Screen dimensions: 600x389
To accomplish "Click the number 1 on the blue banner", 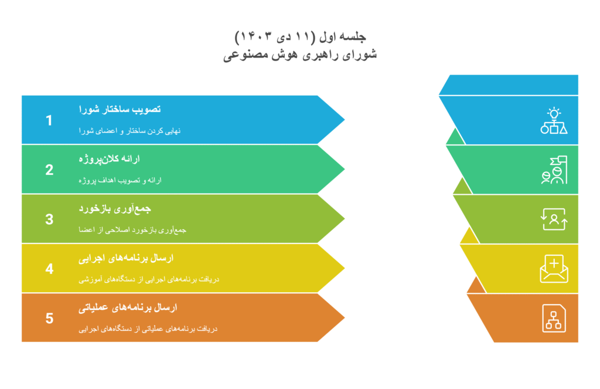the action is pos(49,120).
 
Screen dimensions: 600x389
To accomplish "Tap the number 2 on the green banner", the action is pos(49,170).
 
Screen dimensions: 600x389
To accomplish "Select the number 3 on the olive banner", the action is pos(49,219).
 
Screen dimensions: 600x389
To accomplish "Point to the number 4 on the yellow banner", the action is pos(49,269).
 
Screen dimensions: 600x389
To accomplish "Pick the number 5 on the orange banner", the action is pos(49,318).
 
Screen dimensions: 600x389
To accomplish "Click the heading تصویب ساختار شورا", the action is pos(120,109).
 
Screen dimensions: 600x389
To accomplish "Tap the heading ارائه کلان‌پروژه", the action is pos(109,158).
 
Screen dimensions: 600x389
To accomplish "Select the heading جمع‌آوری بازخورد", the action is pos(115,208).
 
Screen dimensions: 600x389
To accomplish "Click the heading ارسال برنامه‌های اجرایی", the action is pos(126,258).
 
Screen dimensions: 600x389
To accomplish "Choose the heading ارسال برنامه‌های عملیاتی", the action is pos(128,307).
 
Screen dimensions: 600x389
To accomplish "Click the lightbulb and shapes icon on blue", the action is pos(554,121).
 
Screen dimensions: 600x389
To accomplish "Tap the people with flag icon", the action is pos(554,170).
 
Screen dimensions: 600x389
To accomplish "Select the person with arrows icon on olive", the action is pos(554,219).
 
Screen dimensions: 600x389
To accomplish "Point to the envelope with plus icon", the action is pos(554,269).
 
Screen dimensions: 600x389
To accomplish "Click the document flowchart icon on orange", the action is pos(554,318).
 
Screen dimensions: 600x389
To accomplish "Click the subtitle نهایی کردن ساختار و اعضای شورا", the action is pos(129,131).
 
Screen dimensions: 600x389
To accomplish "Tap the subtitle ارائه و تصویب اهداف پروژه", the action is pos(120,180).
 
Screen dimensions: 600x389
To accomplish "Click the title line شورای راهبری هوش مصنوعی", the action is pos(300,55).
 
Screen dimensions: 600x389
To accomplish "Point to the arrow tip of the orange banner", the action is pos(345,317).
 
